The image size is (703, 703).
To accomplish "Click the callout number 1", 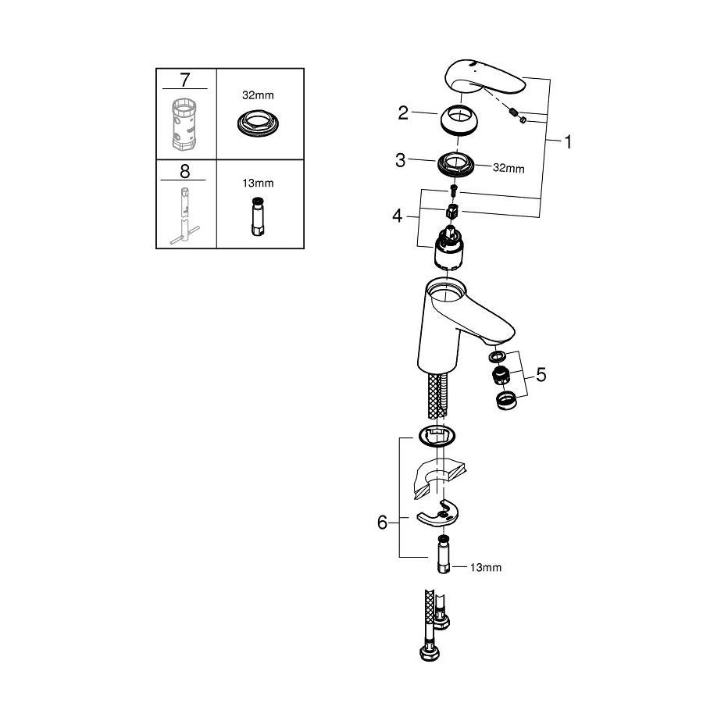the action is (568, 142).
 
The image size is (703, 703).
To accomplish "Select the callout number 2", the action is (403, 113).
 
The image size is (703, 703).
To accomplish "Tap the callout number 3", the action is (400, 160).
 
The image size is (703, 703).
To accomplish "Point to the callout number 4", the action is (398, 216).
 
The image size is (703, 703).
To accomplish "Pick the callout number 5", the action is (541, 375).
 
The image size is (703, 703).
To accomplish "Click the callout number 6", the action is (382, 523).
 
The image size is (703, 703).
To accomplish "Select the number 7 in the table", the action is (184, 80).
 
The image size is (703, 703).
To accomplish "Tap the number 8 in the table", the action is (184, 171).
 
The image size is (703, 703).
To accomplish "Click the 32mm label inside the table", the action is (258, 95).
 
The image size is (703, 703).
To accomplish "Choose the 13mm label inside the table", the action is (258, 183).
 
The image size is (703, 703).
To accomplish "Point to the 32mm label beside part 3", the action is (509, 168).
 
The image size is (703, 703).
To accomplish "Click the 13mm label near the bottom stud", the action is (486, 568).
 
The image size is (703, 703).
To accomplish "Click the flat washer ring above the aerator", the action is (497, 357).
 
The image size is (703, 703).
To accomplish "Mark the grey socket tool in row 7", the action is (184, 124).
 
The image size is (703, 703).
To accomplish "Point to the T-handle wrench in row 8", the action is (184, 216).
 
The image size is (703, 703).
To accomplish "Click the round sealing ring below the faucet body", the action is (437, 436).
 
